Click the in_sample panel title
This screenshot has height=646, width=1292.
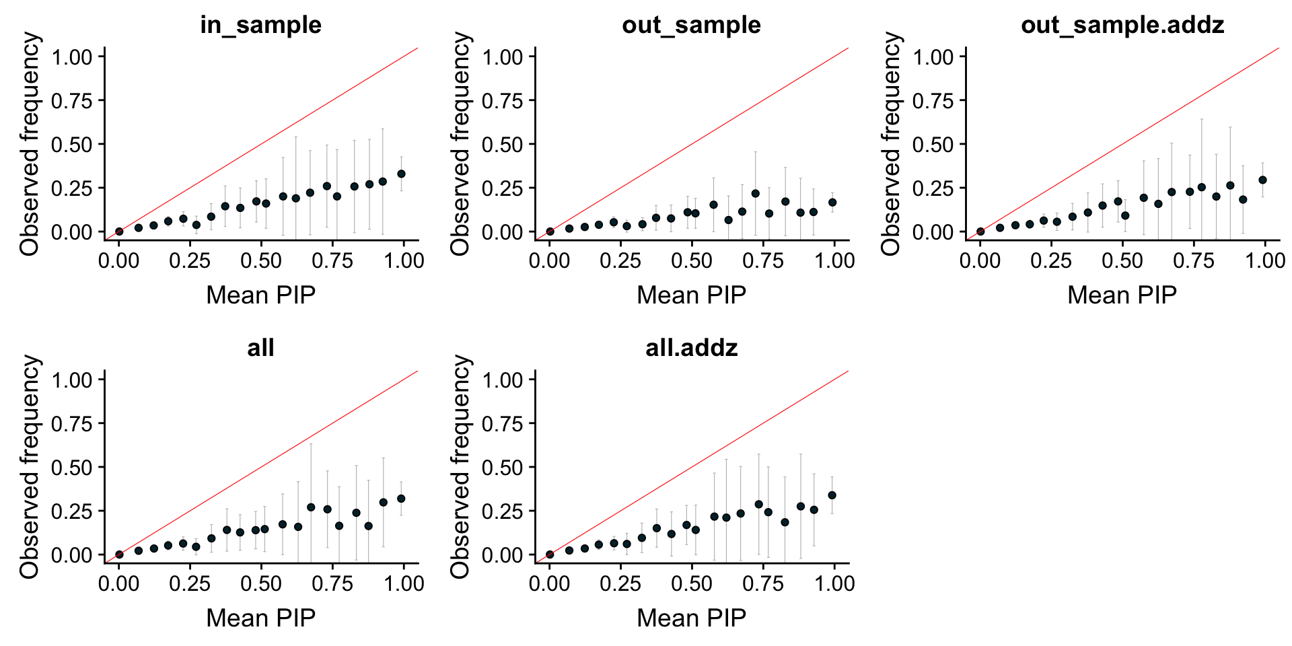260,25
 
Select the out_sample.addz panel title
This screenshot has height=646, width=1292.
1122,25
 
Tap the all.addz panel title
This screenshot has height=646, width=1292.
691,348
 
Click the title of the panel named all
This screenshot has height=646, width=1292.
260,348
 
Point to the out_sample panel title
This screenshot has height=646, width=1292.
691,25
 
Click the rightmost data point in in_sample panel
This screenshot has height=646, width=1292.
401,174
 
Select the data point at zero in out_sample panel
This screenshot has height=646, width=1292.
550,231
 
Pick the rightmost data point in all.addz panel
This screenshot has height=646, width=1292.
832,495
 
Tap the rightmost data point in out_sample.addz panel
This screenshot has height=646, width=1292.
1262,180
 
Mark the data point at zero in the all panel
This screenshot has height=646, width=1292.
119,554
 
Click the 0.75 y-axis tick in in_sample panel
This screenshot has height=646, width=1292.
72,101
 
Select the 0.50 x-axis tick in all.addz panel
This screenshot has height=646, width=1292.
692,583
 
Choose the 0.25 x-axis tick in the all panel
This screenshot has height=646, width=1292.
190,583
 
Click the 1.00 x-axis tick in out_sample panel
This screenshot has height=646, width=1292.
834,260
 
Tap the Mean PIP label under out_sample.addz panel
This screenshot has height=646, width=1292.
1122,295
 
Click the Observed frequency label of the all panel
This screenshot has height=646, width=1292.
30,467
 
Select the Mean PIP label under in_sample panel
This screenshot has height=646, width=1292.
260,295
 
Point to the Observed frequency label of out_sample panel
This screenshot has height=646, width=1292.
461,144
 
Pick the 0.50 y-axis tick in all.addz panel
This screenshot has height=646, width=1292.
503,468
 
